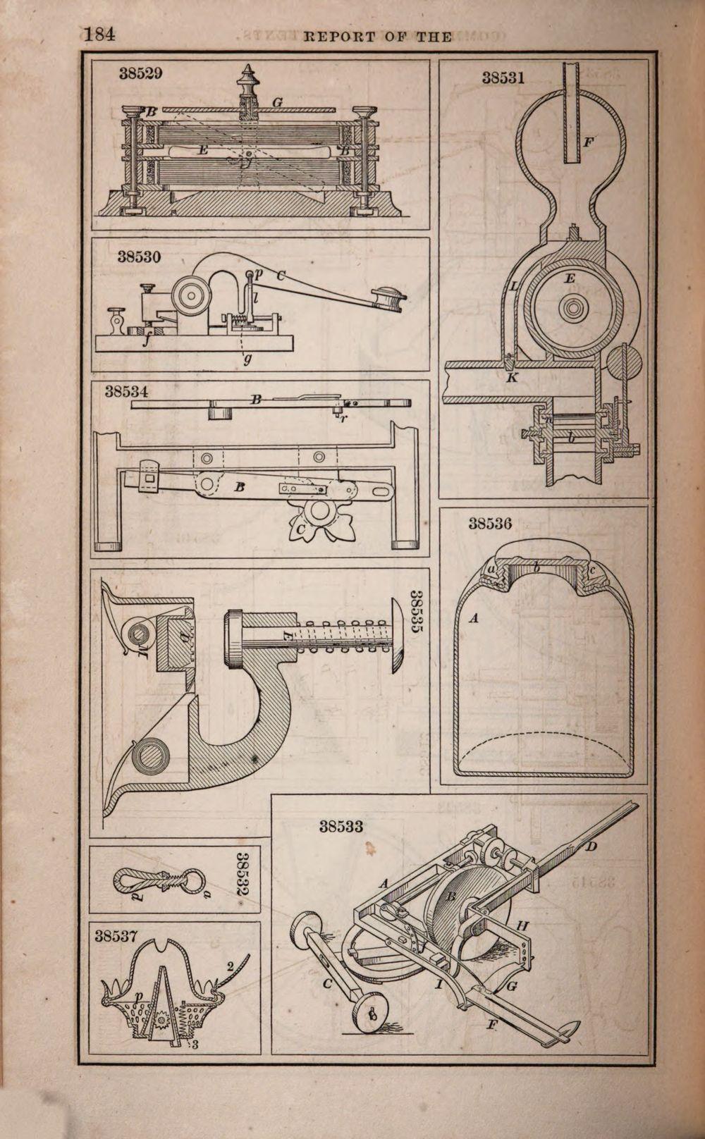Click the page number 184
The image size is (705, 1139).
tap(99, 35)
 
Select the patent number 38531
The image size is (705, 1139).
tap(503, 78)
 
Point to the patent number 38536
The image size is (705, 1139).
tap(490, 524)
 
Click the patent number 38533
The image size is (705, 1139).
tap(341, 826)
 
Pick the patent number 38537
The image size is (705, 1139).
tap(116, 936)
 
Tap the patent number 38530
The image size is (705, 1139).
tap(139, 257)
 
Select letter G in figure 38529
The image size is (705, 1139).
tap(277, 103)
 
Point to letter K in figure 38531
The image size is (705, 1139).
tap(512, 378)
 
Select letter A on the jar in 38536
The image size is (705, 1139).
tap(474, 618)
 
